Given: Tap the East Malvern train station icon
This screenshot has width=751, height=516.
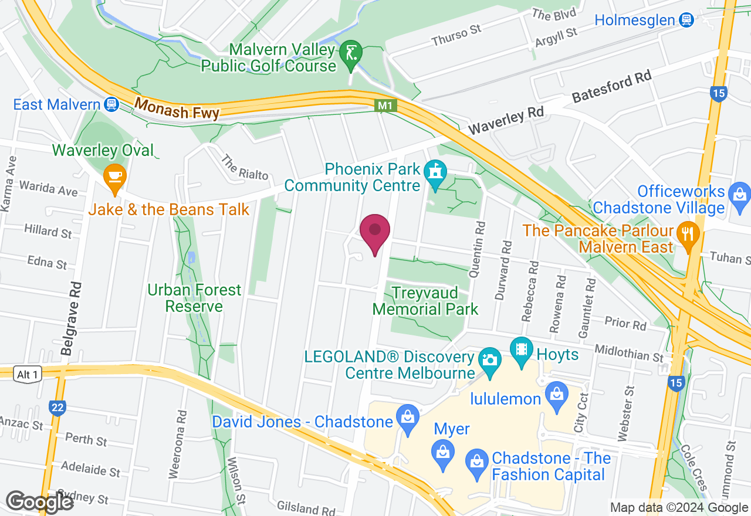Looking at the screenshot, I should click(x=110, y=104).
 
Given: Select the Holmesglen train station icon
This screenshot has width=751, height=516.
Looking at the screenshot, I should click(x=685, y=20).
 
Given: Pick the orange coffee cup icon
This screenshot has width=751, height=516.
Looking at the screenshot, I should click(x=114, y=176).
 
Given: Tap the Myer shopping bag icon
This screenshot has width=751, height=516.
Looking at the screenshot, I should click(x=443, y=451).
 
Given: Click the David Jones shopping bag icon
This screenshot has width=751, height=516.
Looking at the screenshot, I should click(x=406, y=417).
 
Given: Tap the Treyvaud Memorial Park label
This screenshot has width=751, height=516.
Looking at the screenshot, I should click(x=425, y=300).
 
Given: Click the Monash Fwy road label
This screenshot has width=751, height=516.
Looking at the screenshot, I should click(x=177, y=108).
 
